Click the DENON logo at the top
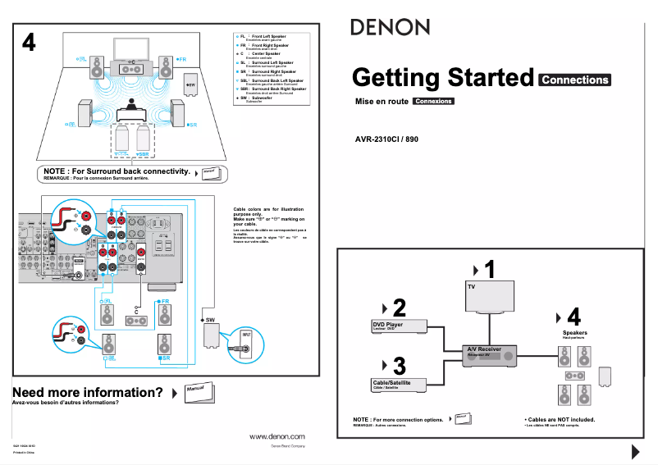pyautogui.click(x=391, y=27)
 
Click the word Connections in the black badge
pyautogui.click(x=575, y=80)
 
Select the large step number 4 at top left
pyautogui.click(x=29, y=43)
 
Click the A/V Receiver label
pyautogui.click(x=484, y=349)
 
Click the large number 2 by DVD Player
pyautogui.click(x=400, y=308)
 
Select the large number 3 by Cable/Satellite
pyautogui.click(x=400, y=364)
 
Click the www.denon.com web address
pyautogui.click(x=276, y=437)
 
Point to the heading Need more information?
pyautogui.click(x=88, y=392)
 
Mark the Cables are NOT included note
pyautogui.click(x=560, y=419)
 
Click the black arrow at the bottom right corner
pyautogui.click(x=635, y=451)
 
